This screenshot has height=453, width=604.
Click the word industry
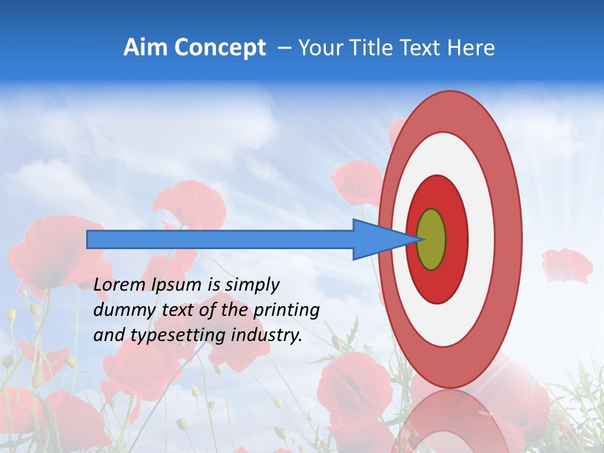(267, 335)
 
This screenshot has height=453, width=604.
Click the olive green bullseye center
(432, 240)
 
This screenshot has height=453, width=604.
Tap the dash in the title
(284, 48)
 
